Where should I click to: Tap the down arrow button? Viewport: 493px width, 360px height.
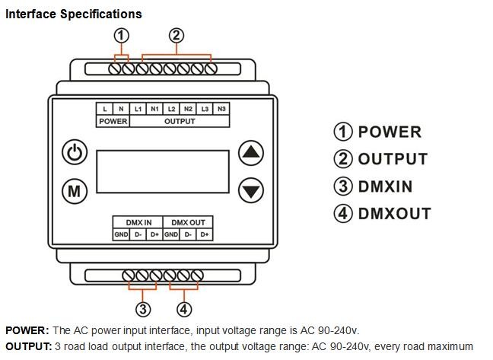point(251,190)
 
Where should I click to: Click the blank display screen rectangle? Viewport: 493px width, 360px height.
point(163,171)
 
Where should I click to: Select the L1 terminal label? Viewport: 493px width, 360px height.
point(138,109)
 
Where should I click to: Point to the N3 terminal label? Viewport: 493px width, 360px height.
point(221,109)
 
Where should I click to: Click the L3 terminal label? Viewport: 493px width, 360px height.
point(205,109)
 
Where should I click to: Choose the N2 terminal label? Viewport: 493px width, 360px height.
point(188,109)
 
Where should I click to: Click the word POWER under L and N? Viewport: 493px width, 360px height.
point(113,121)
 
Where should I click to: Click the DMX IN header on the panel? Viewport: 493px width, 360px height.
point(138,222)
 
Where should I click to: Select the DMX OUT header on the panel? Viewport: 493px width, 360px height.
point(187,222)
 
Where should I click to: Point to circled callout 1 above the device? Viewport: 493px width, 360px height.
point(121,35)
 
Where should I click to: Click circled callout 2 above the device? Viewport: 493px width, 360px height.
point(176,35)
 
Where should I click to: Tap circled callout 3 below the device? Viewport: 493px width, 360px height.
point(143,308)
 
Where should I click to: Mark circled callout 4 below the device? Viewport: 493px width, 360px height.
point(184,308)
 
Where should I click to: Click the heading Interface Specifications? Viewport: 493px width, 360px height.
point(74,14)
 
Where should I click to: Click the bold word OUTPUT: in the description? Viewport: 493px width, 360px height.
point(29,346)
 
